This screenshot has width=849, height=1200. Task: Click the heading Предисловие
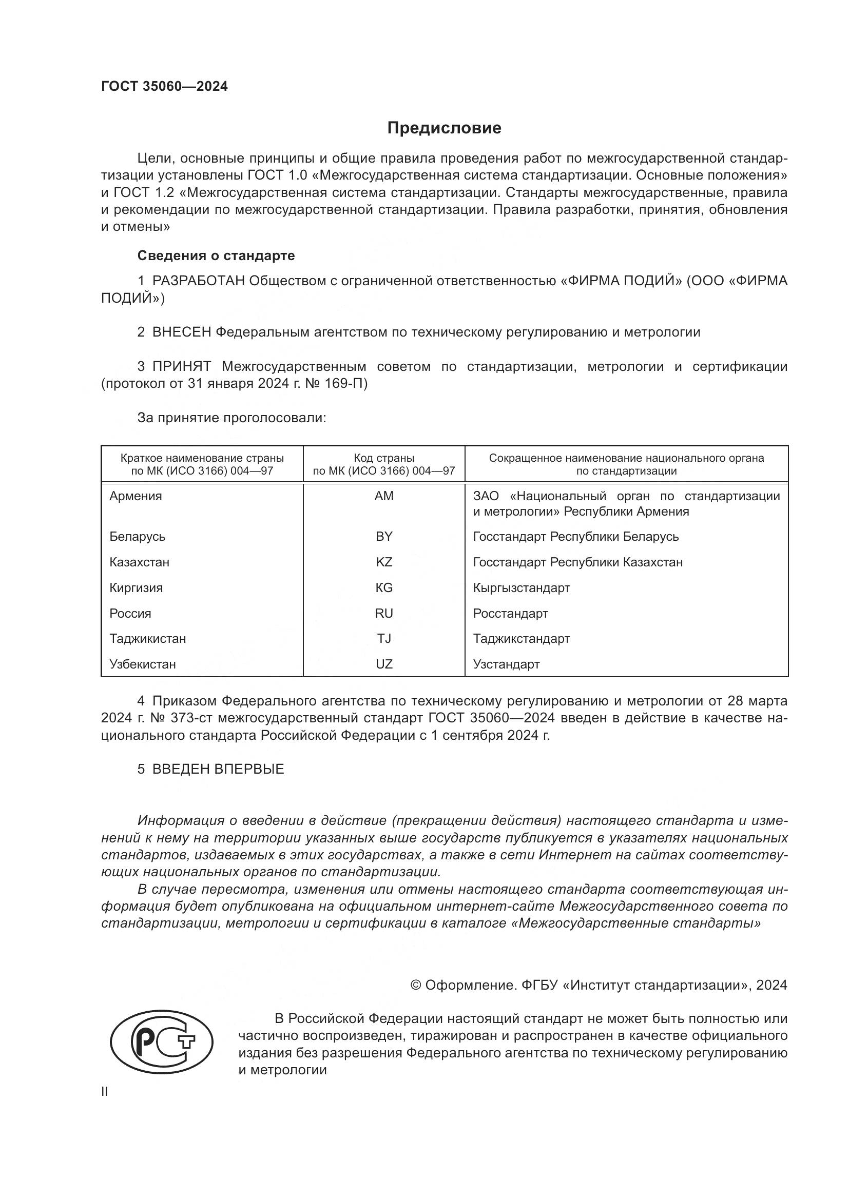click(444, 128)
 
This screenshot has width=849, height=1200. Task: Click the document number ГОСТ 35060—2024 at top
click(164, 87)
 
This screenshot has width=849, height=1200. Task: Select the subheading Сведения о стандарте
click(216, 255)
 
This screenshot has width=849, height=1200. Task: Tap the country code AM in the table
click(384, 496)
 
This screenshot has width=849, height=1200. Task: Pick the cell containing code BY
click(384, 537)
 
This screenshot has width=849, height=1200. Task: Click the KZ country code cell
click(384, 562)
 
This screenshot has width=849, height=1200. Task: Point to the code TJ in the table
click(384, 639)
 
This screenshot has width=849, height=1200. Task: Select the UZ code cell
click(384, 664)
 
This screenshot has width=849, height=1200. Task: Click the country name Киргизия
click(136, 588)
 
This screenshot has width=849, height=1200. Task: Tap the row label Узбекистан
click(142, 664)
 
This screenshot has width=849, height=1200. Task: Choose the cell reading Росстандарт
click(510, 614)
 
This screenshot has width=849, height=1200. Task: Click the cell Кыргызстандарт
click(521, 588)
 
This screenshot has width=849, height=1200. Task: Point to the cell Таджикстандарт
click(521, 639)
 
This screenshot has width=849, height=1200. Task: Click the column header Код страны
click(384, 458)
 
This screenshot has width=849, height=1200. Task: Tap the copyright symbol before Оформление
click(416, 985)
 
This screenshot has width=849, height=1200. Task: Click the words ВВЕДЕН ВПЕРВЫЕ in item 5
click(218, 769)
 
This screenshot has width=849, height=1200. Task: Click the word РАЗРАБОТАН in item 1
click(198, 281)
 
